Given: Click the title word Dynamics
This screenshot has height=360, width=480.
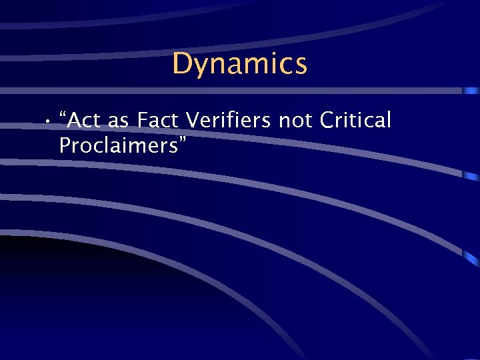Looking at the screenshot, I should pos(239,64).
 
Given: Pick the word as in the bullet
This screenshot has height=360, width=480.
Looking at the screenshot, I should pos(118,121).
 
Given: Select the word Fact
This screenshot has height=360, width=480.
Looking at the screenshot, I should pos(159,121).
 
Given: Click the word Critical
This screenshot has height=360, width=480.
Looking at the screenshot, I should pos(355,121).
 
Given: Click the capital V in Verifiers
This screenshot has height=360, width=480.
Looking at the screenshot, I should pos(193,121).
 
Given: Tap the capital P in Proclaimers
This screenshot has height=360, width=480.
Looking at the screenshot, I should pos(65,145).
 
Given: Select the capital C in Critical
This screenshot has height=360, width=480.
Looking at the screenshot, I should pos(328,121).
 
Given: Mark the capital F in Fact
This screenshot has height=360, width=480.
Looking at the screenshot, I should pos(143,121).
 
